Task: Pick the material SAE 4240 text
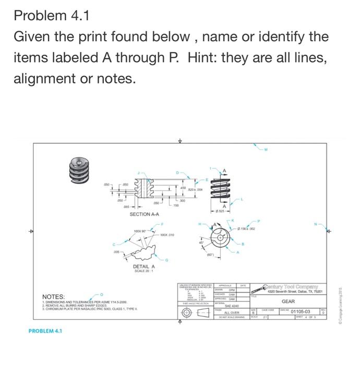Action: pos(231,306)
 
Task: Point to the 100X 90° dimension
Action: pos(142,230)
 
